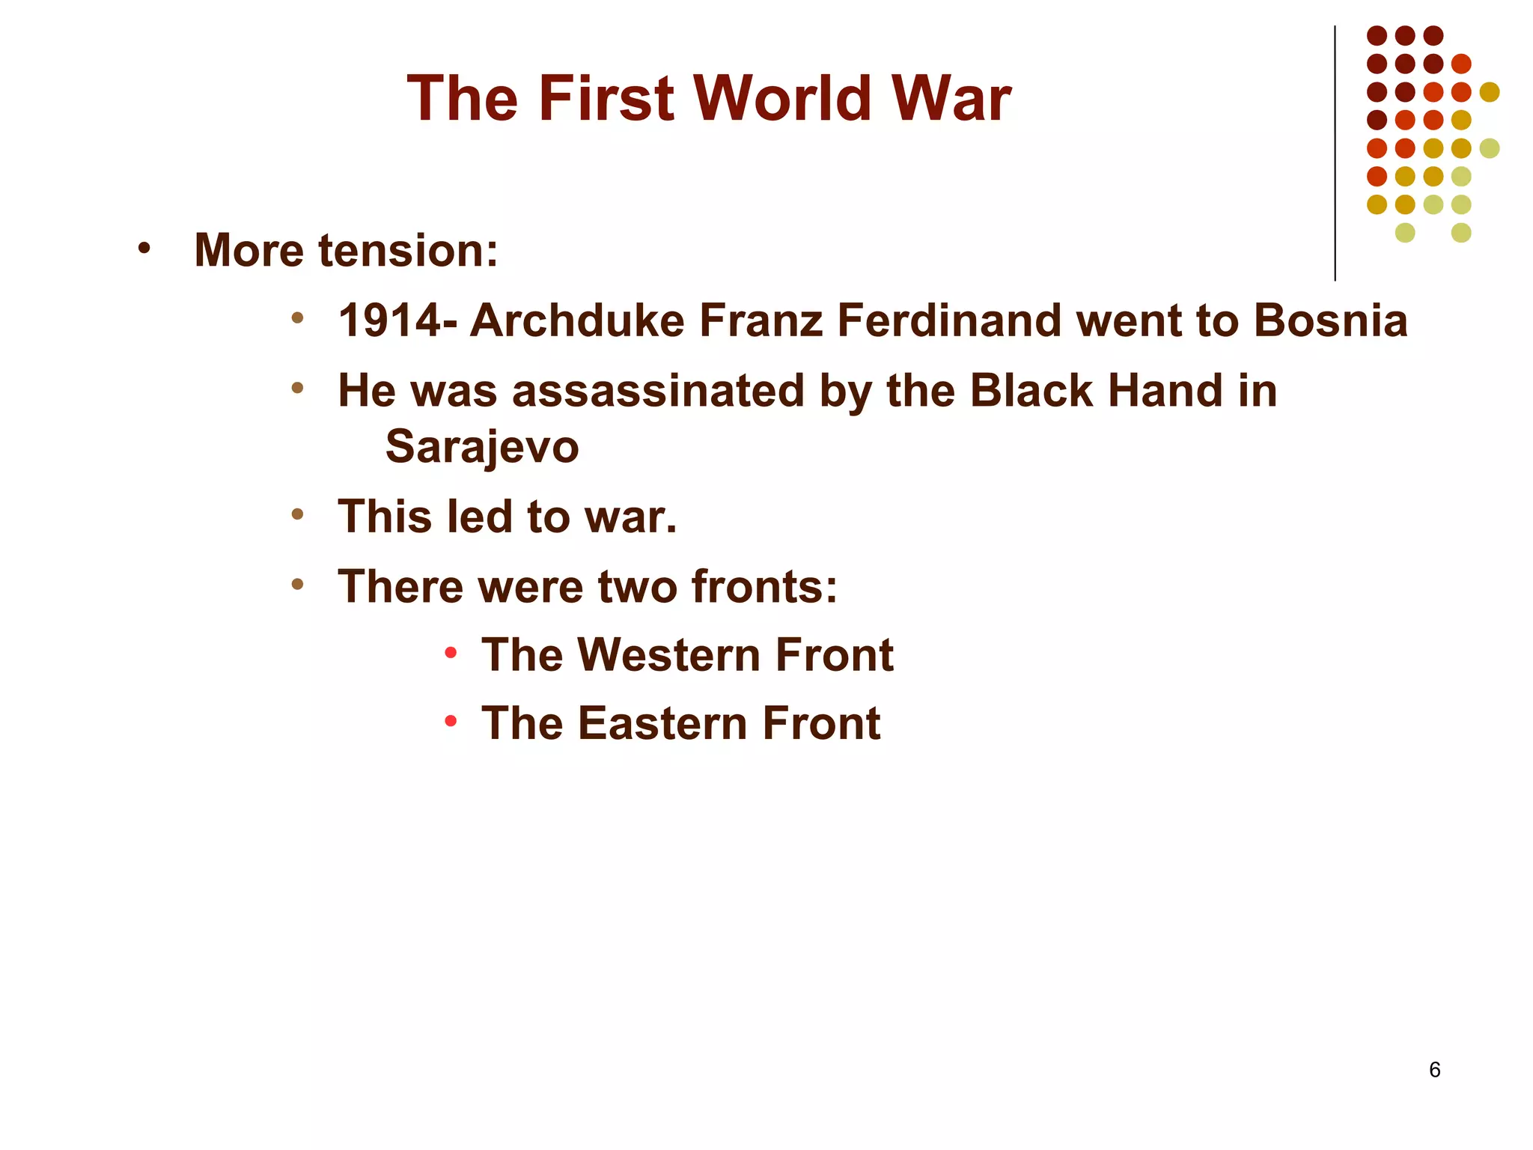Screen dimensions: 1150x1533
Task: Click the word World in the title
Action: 782,99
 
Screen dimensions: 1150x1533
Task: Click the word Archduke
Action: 577,321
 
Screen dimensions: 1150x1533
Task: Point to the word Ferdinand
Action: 948,321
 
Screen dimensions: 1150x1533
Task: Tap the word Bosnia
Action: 1330,321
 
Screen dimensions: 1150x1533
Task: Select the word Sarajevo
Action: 482,447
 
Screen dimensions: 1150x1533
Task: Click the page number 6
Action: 1434,1070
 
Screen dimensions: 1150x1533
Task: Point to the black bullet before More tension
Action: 144,248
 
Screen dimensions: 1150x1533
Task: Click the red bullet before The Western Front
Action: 451,653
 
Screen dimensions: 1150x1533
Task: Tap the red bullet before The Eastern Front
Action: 451,722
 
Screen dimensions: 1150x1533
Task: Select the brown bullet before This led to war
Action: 298,514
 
